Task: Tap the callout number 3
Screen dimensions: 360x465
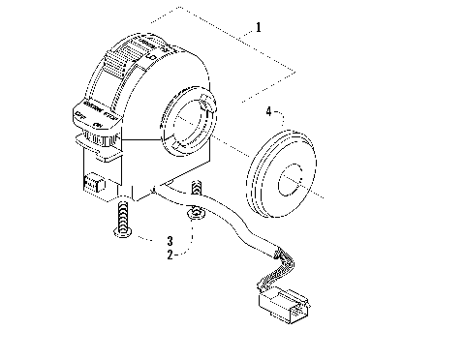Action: [170, 239]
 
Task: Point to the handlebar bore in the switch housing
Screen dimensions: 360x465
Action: [189, 120]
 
